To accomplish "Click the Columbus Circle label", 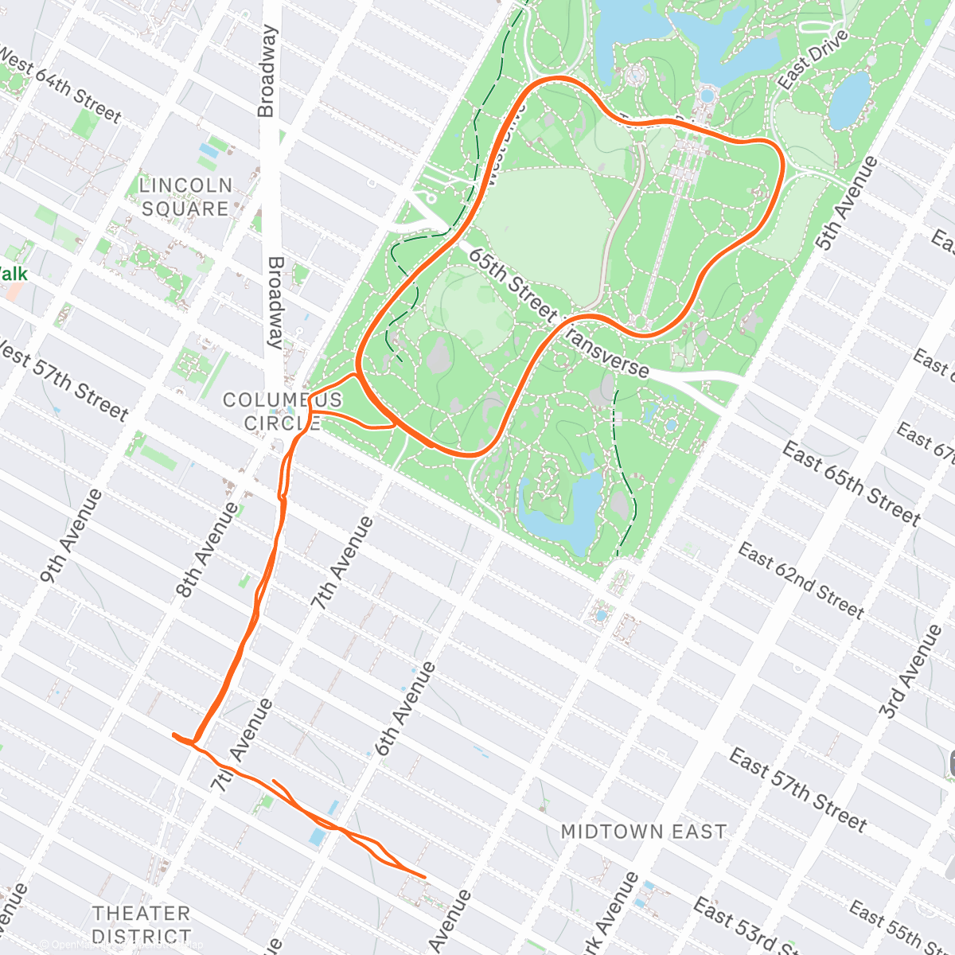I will click(283, 411).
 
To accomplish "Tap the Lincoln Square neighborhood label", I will click(186, 197).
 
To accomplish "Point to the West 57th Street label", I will click(64, 380).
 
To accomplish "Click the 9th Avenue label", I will click(72, 536).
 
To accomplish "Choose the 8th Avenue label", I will click(206, 549).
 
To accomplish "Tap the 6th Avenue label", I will click(405, 708).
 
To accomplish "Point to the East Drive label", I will click(813, 60).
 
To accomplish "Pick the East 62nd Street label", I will click(801, 580).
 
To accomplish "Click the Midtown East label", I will click(644, 832).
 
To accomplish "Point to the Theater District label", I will click(142, 923).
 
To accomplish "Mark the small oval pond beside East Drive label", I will click(850, 99).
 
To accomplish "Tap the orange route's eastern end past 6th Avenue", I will click(423, 877).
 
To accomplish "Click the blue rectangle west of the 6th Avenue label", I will click(317, 836).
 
